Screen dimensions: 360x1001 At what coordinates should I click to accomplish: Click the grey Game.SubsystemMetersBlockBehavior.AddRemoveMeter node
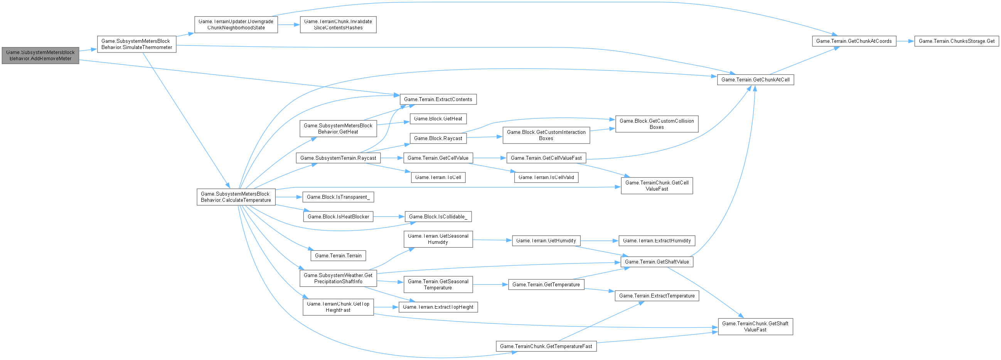pyautogui.click(x=40, y=55)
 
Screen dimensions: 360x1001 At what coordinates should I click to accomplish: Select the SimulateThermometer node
pyautogui.click(x=136, y=44)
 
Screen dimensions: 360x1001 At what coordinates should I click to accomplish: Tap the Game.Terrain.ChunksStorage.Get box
pyautogui.click(x=956, y=41)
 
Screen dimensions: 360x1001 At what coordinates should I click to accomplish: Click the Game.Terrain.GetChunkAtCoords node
pyautogui.click(x=854, y=41)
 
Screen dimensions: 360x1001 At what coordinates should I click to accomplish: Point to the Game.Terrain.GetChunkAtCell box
pyautogui.click(x=755, y=80)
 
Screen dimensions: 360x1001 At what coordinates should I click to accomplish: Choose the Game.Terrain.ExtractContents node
pyautogui.click(x=438, y=99)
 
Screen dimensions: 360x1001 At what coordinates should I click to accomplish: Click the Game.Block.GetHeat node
pyautogui.click(x=438, y=118)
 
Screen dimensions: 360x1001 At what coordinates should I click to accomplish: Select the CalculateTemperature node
pyautogui.click(x=236, y=197)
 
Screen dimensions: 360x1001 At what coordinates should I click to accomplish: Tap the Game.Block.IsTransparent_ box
pyautogui.click(x=338, y=197)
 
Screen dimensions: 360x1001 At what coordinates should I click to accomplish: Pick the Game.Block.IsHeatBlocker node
pyautogui.click(x=338, y=216)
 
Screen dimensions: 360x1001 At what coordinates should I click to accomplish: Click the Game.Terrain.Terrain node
pyautogui.click(x=338, y=255)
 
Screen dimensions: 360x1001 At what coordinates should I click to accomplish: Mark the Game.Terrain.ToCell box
pyautogui.click(x=438, y=177)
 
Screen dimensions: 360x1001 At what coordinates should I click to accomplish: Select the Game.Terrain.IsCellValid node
pyautogui.click(x=546, y=177)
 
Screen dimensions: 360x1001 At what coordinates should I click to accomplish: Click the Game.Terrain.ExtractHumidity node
pyautogui.click(x=656, y=241)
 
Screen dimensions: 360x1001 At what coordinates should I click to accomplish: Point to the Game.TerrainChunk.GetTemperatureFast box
pyautogui.click(x=546, y=346)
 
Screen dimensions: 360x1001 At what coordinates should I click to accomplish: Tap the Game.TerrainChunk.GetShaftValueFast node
pyautogui.click(x=755, y=326)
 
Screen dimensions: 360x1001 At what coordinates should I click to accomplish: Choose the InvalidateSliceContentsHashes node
pyautogui.click(x=338, y=24)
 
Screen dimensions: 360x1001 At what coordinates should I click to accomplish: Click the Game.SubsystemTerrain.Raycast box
pyautogui.click(x=338, y=158)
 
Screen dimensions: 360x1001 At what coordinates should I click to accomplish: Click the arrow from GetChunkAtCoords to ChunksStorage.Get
pyautogui.click(x=905, y=41)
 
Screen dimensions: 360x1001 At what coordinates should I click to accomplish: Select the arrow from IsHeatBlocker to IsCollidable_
pyautogui.click(x=389, y=216)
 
